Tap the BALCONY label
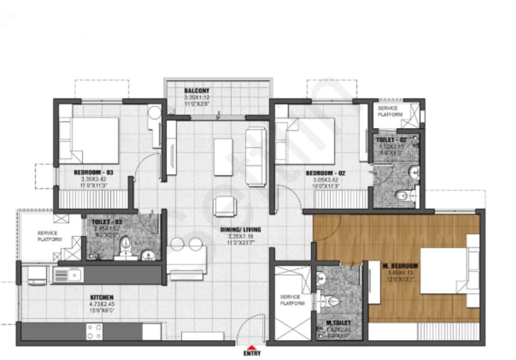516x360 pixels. click(x=197, y=91)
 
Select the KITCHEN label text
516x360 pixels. click(x=101, y=298)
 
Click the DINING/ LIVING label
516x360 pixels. click(x=240, y=229)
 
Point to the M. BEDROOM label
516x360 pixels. click(x=400, y=266)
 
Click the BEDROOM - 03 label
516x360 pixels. click(x=93, y=172)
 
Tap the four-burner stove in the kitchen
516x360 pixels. click(x=94, y=331)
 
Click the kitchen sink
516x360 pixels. click(x=68, y=274)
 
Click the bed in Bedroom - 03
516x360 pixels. click(x=89, y=140)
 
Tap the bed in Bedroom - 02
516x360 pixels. click(x=306, y=141)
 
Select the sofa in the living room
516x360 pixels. click(x=256, y=157)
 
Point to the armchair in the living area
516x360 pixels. click(x=224, y=206)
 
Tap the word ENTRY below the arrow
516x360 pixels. click(x=251, y=354)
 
